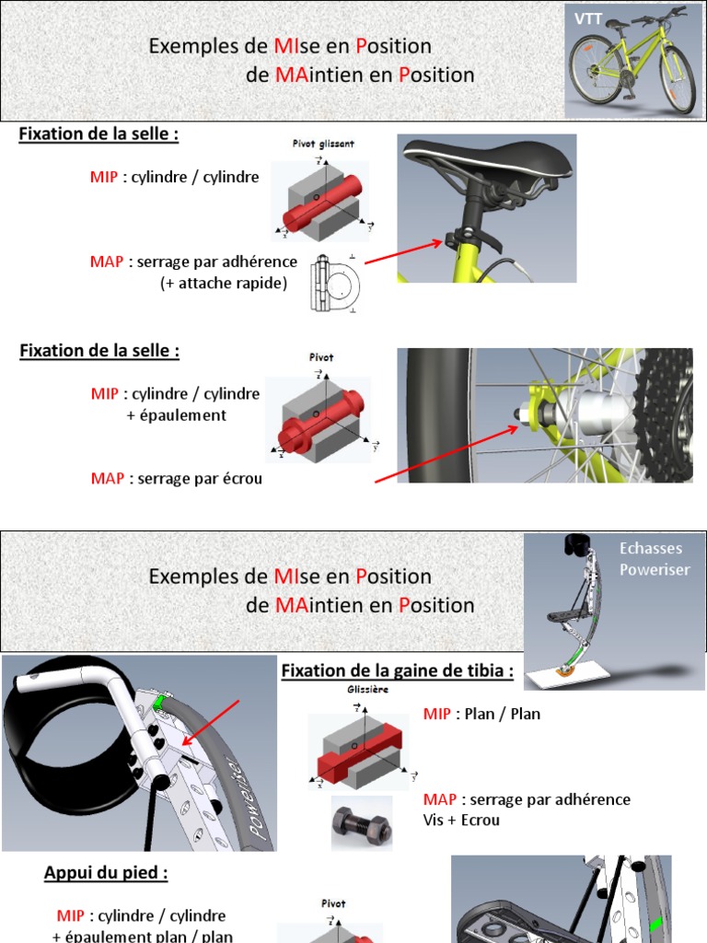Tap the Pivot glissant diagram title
[318, 145]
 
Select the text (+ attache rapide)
[223, 283]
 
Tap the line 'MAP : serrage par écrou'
[177, 479]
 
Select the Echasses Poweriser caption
[654, 560]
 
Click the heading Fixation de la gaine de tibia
[397, 670]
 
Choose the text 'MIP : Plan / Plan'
[481, 714]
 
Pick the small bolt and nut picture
[361, 822]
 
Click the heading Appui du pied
[106, 873]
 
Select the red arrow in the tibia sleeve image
[212, 722]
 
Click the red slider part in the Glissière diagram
[358, 755]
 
